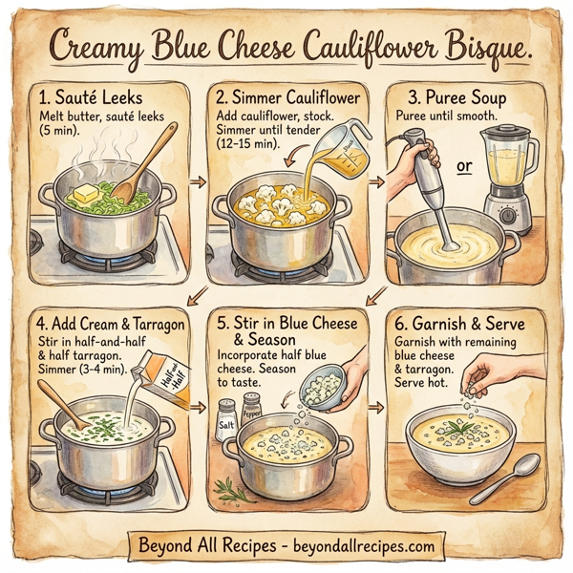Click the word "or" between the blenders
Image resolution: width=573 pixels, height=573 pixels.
[x=465, y=168]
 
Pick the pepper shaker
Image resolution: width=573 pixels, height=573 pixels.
[x=251, y=412]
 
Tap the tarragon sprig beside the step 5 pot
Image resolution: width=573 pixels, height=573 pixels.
[x=232, y=489]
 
